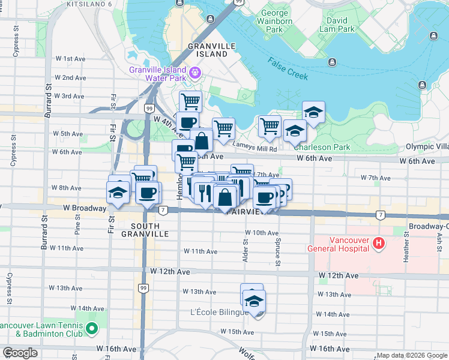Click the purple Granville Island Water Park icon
tap(194, 73)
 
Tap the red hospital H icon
tap(379, 244)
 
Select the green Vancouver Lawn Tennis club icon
tap(91, 328)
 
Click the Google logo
tap(20, 353)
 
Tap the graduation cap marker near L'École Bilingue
tap(254, 301)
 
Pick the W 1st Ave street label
tap(71, 59)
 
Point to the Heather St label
tap(407, 251)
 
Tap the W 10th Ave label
tap(261, 233)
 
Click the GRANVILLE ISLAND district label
tap(208, 49)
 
